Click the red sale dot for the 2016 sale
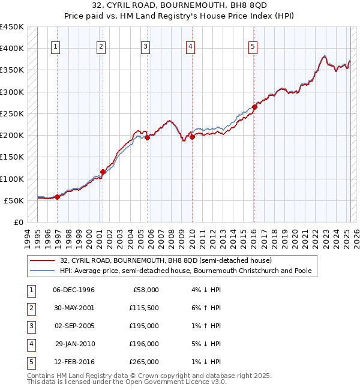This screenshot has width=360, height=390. pyautogui.click(x=254, y=107)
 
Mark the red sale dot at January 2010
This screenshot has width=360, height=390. pyautogui.click(x=193, y=137)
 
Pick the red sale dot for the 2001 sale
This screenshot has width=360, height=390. pyautogui.click(x=103, y=172)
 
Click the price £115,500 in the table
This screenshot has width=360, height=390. pyautogui.click(x=144, y=308)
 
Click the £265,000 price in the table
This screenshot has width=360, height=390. pyautogui.click(x=144, y=362)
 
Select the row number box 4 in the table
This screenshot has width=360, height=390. pyautogui.click(x=31, y=344)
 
